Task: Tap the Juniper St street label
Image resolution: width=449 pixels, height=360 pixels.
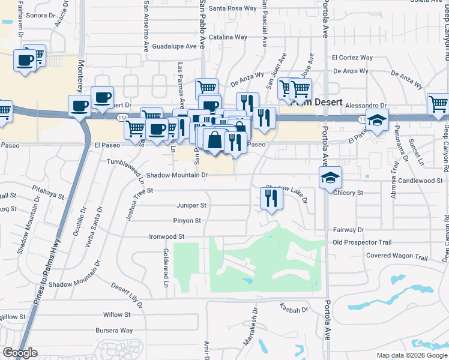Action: pos(191,205)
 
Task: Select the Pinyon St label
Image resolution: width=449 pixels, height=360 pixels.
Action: pos(187,221)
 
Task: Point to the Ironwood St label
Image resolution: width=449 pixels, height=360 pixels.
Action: pos(166,237)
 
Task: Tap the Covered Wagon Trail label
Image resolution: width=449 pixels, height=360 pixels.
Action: pos(397,257)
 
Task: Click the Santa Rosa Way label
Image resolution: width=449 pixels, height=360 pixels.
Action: pos(233,9)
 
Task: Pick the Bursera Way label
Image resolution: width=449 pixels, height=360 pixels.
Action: pos(114,331)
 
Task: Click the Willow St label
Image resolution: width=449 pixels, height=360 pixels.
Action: pos(116,315)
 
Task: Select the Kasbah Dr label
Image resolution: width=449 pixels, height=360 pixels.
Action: pos(294,310)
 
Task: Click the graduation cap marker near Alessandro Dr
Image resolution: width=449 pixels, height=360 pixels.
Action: pos(377,121)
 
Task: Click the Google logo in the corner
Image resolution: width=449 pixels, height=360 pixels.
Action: pos(20,353)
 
